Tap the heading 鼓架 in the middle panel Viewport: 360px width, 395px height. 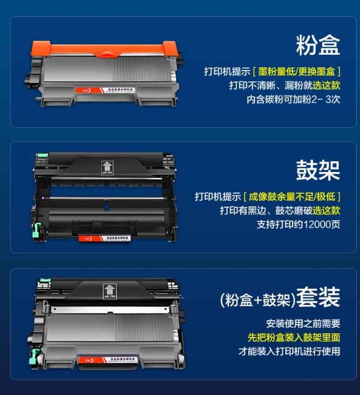pyautogui.click(x=318, y=170)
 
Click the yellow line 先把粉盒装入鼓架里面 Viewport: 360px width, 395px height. pyautogui.click(x=294, y=337)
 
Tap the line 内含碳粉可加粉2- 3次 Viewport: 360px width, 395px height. pyautogui.click(x=293, y=100)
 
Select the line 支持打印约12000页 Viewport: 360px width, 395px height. pyautogui.click(x=298, y=225)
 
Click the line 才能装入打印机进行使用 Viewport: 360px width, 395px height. pyautogui.click(x=290, y=351)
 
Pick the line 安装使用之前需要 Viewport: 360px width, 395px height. pyautogui.click(x=303, y=323)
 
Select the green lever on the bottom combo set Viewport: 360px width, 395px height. pyautogui.click(x=38, y=356)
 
